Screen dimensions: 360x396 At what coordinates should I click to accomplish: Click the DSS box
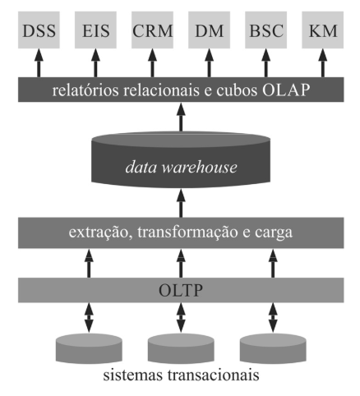39,30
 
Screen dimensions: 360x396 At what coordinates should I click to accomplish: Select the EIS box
95,30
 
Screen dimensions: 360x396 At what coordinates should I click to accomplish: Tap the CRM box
152,30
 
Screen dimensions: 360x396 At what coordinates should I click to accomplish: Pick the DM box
209,30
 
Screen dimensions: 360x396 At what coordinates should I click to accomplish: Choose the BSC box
265,30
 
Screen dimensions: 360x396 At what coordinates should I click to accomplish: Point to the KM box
323,30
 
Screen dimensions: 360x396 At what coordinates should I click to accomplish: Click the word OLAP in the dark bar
286,90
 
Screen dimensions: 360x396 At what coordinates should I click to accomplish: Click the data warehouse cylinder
181,159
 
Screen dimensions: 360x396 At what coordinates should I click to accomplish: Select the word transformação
187,233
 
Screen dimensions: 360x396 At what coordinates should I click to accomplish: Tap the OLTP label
181,290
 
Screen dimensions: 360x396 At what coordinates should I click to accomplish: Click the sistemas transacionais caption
181,375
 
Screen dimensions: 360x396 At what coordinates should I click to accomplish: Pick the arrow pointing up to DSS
39,63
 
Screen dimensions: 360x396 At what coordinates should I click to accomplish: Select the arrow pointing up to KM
323,63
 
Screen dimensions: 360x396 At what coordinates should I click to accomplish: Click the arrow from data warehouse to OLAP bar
181,117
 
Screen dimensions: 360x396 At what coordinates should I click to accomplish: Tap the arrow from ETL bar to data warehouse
181,203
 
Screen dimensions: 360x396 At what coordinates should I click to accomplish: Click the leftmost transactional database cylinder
89,348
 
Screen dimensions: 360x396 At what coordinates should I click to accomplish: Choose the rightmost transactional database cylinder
273,348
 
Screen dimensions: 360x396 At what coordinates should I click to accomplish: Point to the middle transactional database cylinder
181,348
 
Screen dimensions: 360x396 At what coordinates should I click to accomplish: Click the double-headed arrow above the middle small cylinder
181,318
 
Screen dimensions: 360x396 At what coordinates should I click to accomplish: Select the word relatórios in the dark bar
85,90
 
